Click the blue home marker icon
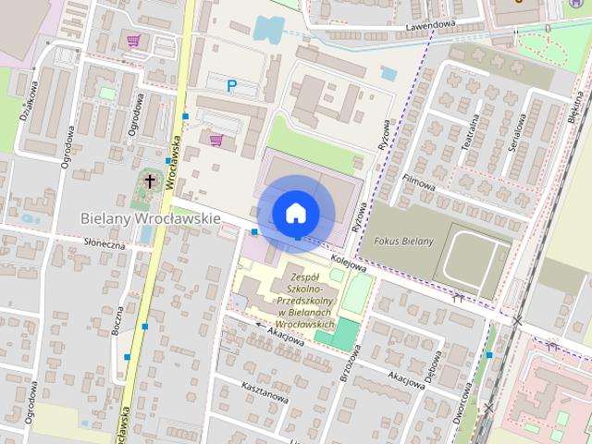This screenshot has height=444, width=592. click(296, 213)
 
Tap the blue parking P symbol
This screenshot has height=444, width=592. click(232, 86)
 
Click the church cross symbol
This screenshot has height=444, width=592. click(151, 181)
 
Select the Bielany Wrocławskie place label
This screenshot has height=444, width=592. click(150, 218)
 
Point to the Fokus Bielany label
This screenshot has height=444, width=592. click(403, 241)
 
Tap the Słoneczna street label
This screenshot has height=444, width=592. click(104, 244)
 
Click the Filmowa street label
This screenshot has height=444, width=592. click(418, 181)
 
